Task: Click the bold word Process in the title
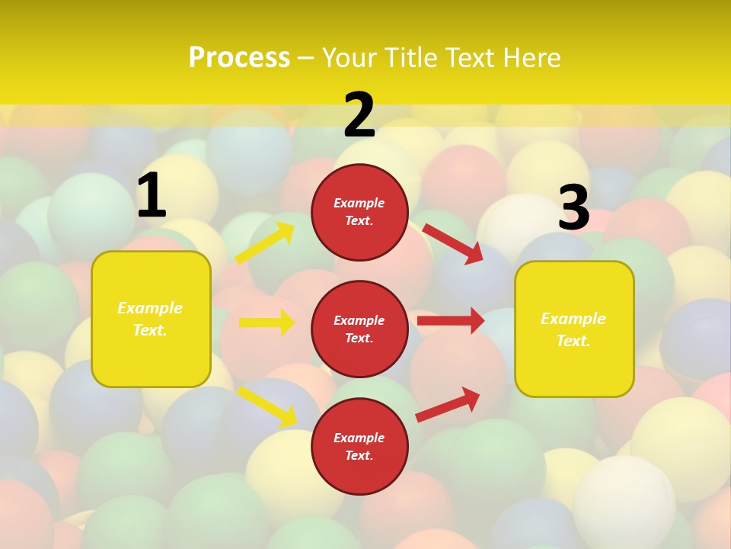[x=239, y=58]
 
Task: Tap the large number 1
[x=152, y=196]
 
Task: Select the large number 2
[x=359, y=115]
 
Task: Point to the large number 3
[x=573, y=207]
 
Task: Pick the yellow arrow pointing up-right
[x=265, y=243]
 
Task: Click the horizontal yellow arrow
[x=267, y=323]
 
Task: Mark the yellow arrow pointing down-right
[x=267, y=406]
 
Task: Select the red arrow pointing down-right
[x=454, y=243]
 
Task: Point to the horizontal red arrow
[x=451, y=320]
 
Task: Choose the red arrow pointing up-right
[x=448, y=404]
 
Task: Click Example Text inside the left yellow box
[x=150, y=319]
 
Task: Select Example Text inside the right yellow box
[x=573, y=329]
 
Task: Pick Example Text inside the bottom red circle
[x=359, y=446]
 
